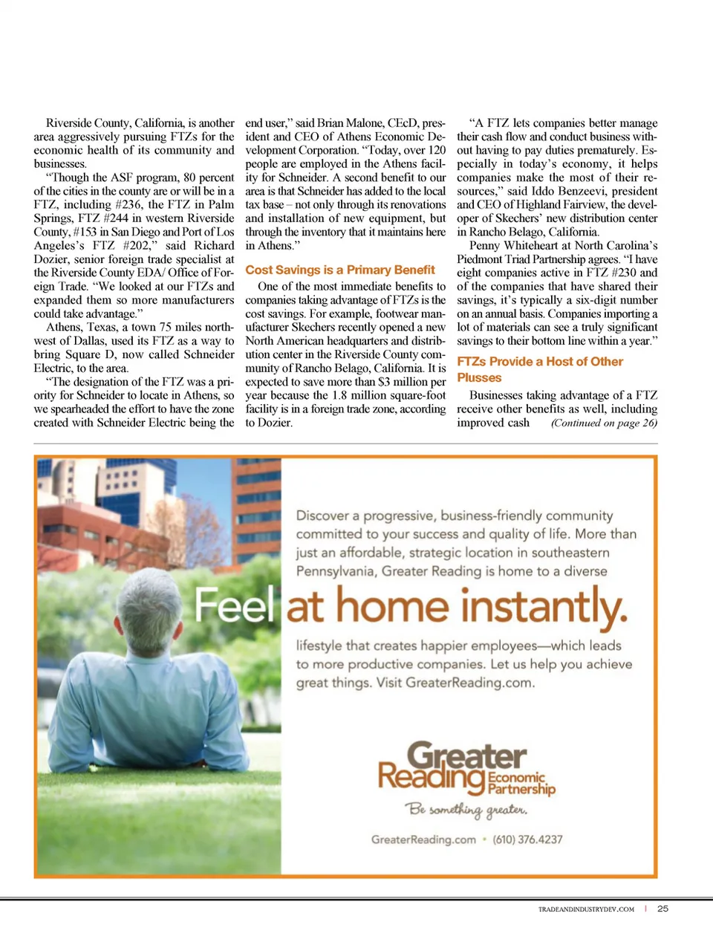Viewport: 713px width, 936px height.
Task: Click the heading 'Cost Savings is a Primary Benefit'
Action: [340, 270]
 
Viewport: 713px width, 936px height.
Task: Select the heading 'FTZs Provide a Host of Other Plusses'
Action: [539, 369]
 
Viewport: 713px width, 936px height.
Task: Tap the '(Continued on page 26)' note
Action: [604, 423]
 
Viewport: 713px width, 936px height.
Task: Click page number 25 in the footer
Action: [663, 908]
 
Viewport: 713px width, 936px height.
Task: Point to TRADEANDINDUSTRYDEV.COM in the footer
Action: [586, 909]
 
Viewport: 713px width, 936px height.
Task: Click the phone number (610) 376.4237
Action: [527, 839]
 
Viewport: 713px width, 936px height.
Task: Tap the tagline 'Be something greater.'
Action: [466, 809]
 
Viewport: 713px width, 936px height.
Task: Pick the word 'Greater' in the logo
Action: [467, 756]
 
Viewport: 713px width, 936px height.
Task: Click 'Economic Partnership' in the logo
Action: [521, 783]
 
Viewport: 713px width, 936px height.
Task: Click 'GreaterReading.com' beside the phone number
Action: [423, 839]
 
